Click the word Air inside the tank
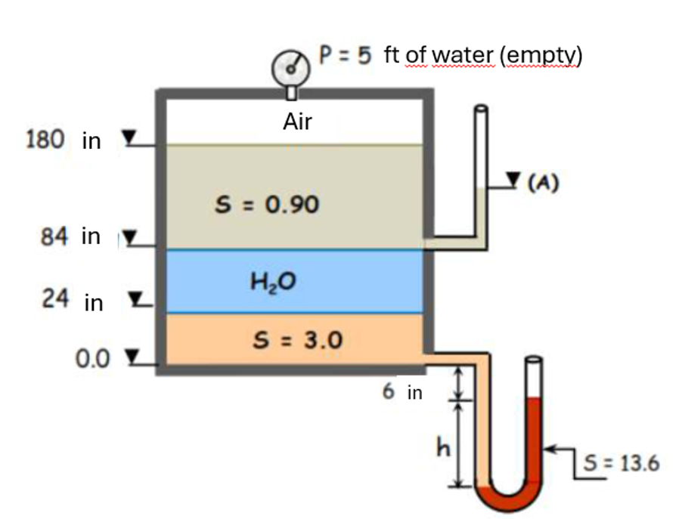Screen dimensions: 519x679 point(296,122)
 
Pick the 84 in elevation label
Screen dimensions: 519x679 point(70,236)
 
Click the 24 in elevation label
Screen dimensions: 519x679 point(72,301)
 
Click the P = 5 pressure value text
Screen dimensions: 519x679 point(346,56)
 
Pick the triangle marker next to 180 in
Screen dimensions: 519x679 point(130,137)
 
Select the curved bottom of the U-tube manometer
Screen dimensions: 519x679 point(509,499)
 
